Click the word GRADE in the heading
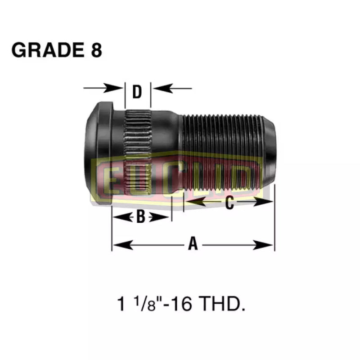click(43, 50)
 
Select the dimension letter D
click(137, 92)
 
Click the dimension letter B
click(140, 217)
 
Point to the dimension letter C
click(229, 203)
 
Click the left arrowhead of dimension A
click(118, 245)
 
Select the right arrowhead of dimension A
click(267, 245)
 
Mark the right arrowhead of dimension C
click(267, 202)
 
